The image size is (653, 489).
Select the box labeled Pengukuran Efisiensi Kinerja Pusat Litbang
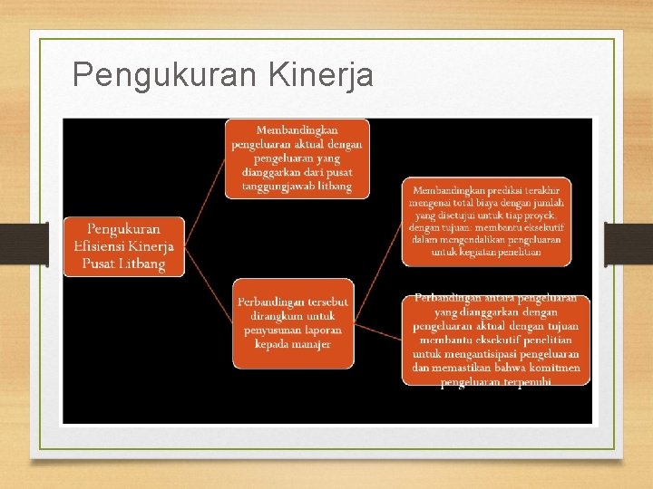point(123,246)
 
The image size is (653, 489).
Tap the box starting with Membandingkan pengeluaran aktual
point(297,158)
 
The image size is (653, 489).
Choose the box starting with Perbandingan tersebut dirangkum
point(293,322)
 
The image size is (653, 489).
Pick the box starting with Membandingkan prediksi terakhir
point(487,221)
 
